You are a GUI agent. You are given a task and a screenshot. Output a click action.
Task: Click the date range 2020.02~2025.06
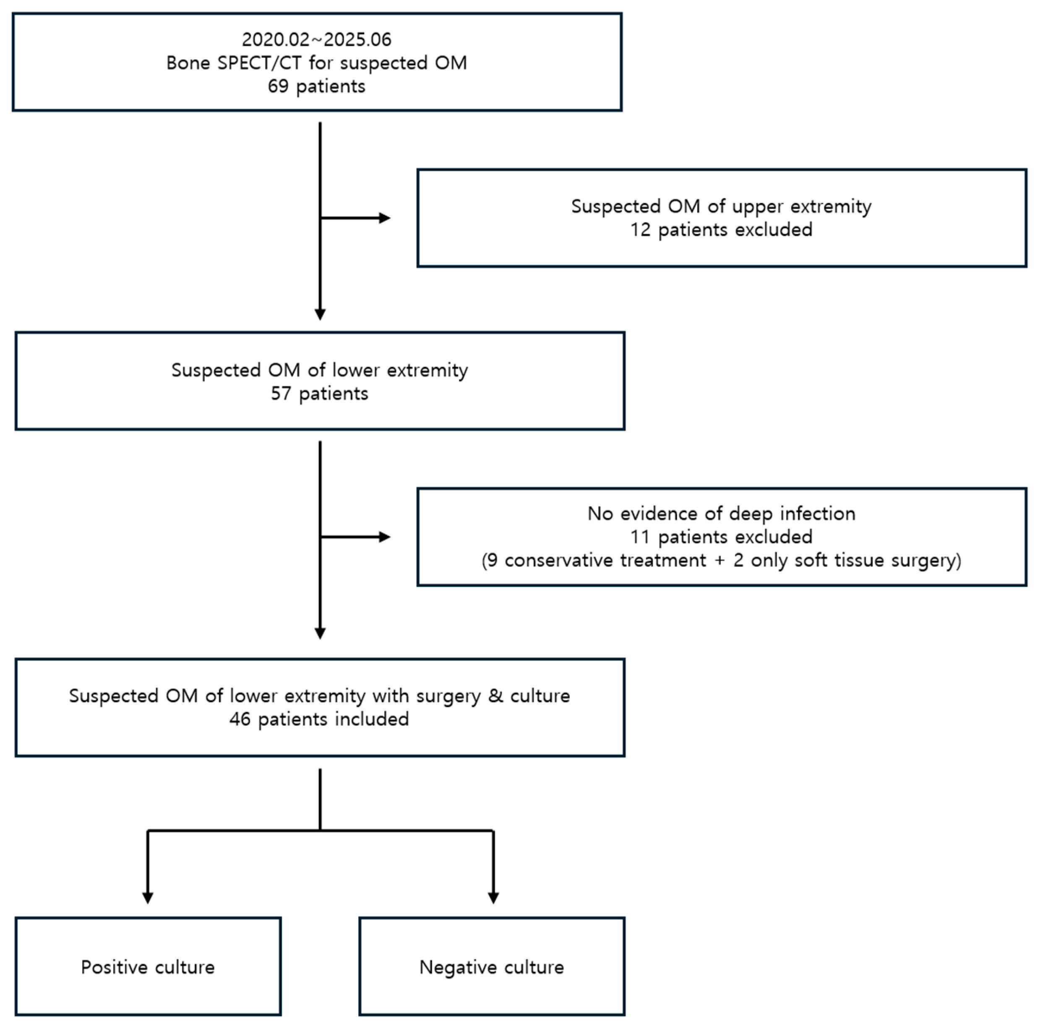pos(316,39)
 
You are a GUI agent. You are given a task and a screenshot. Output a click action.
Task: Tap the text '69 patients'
pos(316,86)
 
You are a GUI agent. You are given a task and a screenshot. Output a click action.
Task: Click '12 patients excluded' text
pos(721,230)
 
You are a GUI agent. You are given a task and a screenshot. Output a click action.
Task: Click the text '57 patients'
pos(319,394)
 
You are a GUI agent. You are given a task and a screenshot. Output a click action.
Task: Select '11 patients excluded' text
pos(721,537)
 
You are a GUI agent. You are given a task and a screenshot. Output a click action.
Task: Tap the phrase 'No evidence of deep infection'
pos(721,514)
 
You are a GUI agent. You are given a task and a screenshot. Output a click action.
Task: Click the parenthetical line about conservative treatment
pos(721,561)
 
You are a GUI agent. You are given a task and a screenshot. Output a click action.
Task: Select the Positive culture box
pos(148,967)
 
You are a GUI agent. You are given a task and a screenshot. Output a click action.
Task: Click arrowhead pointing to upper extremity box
pos(384,218)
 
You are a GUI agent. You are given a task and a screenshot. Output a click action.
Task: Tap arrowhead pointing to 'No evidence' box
pos(384,537)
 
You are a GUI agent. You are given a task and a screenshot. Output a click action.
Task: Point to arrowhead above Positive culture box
pos(148,898)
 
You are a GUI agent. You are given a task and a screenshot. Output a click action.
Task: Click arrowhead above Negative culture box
pos(493,898)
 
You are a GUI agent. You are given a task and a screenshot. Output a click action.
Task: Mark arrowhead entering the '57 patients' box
pos(320,315)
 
